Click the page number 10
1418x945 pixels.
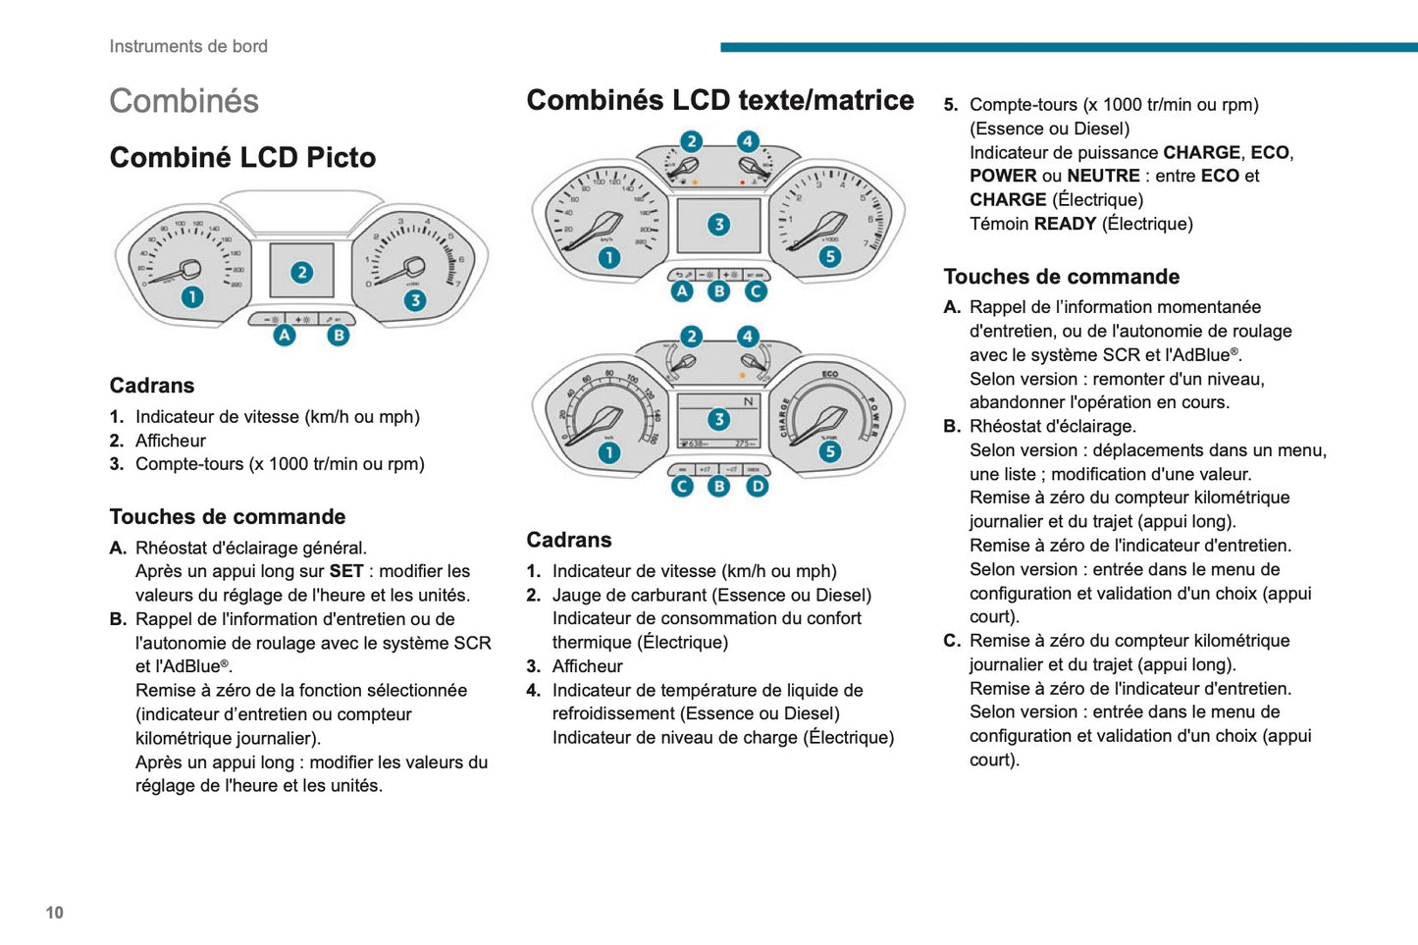tap(54, 912)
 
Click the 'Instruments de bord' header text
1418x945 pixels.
tap(188, 46)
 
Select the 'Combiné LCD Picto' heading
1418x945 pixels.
tap(242, 158)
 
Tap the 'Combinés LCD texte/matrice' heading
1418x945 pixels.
tap(719, 100)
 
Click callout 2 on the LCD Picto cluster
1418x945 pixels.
tap(302, 272)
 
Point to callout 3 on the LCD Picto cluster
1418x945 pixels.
tap(415, 300)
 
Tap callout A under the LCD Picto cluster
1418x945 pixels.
tap(285, 335)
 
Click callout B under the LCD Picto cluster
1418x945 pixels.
tap(339, 335)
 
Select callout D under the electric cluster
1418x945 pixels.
tap(758, 486)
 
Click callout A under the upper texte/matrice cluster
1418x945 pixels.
tap(682, 291)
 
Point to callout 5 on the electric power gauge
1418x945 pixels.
tap(830, 451)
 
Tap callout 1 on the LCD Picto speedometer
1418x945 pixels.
tap(191, 296)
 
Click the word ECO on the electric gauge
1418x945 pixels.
tap(830, 374)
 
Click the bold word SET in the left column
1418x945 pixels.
tap(346, 571)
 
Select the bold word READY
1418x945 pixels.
tap(1065, 224)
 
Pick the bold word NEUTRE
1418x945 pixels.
tap(1103, 176)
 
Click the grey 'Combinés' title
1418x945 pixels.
tap(184, 101)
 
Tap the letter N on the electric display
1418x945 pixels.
tap(748, 401)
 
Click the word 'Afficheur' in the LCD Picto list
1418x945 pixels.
tap(171, 441)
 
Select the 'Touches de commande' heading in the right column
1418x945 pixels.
tap(1062, 277)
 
